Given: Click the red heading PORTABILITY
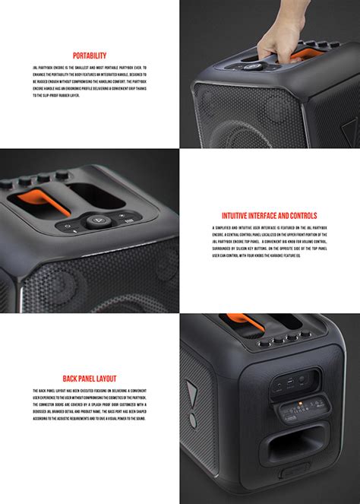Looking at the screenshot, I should pos(89,55).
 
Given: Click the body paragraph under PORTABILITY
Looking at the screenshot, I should pos(89,83).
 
